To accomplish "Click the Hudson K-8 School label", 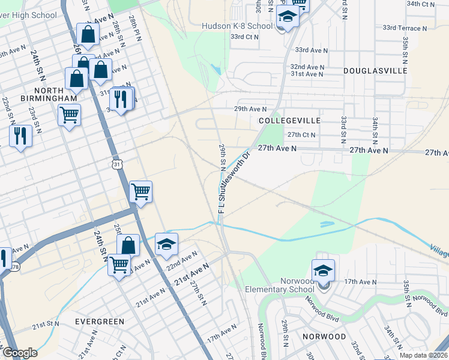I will pyautogui.click(x=237, y=26).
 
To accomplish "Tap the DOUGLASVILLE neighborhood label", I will pyautogui.click(x=375, y=71).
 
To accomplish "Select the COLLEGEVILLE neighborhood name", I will pyautogui.click(x=289, y=121).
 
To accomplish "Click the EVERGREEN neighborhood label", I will pyautogui.click(x=100, y=322).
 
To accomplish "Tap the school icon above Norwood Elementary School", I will pyautogui.click(x=323, y=271).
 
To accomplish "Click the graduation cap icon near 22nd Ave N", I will pyautogui.click(x=167, y=244).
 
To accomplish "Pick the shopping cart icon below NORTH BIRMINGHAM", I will pyautogui.click(x=69, y=115).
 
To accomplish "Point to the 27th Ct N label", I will pyautogui.click(x=301, y=135).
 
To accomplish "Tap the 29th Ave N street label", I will pyautogui.click(x=250, y=109).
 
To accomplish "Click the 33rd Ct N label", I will pyautogui.click(x=244, y=37).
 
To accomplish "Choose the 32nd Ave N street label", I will pyautogui.click(x=307, y=67).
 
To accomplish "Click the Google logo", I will pyautogui.click(x=20, y=353).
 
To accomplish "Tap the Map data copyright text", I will pyautogui.click(x=423, y=355).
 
